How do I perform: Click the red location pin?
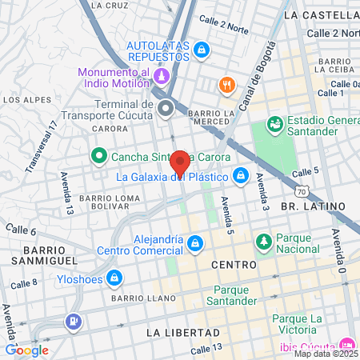[180, 162]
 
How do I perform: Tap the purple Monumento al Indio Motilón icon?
[162, 77]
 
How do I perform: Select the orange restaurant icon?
[228, 86]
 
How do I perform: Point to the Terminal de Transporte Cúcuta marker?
[166, 108]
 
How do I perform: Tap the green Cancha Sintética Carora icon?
[99, 155]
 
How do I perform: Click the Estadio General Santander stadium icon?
[274, 124]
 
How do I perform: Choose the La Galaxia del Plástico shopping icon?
[240, 176]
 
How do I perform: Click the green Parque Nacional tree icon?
[263, 241]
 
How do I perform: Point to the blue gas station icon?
[74, 322]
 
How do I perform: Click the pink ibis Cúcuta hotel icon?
[346, 338]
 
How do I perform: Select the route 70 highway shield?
[301, 192]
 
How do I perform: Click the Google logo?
[26, 350]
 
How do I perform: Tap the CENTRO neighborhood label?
[234, 264]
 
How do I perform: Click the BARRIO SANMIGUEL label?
[44, 255]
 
